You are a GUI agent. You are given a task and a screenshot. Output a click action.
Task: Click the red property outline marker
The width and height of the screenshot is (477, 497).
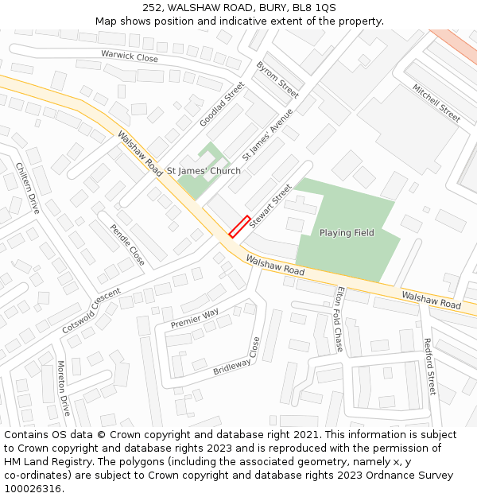pos(240,227)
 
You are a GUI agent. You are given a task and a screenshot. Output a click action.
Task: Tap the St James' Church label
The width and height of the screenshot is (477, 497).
pos(204,171)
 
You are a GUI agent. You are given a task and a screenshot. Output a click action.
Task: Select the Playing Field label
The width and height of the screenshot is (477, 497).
pos(347,233)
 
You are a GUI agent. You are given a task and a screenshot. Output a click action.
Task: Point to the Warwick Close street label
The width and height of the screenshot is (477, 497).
pos(129,56)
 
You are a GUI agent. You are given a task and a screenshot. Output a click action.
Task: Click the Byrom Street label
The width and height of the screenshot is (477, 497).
pos(277,80)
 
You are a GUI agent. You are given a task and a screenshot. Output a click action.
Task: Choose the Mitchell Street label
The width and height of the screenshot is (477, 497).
pos(436,103)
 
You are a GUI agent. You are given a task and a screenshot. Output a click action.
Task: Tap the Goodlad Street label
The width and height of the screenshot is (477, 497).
pos(222,103)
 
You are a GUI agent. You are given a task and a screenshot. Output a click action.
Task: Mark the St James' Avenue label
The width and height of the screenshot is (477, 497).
pos(268,133)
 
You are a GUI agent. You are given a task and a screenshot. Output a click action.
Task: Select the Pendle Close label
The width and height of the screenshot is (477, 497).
pos(127,244)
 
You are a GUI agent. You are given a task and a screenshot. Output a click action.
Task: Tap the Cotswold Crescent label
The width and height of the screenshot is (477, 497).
pos(91,311)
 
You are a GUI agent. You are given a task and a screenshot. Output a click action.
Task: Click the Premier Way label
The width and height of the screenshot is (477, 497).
pos(195,319)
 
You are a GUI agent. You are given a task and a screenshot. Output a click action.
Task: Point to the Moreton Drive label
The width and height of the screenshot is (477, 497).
pos(64,388)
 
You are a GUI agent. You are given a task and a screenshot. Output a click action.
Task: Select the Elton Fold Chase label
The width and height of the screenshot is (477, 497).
pos(339,319)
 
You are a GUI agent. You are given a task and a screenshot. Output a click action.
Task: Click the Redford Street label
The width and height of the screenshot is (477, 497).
pos(430,366)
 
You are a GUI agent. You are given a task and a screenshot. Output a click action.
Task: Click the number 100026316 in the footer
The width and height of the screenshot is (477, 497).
pos(33,488)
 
